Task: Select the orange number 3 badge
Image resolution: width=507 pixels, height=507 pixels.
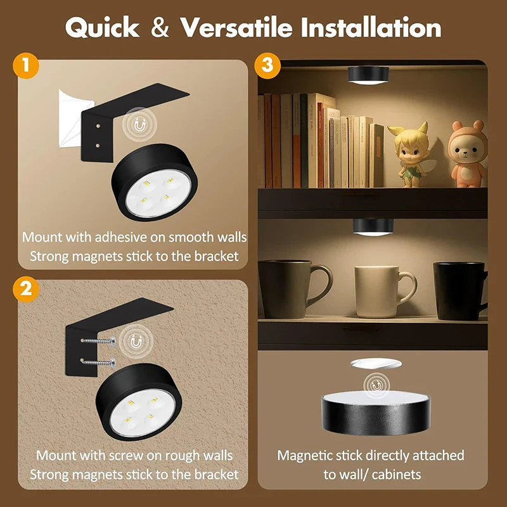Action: coord(267,65)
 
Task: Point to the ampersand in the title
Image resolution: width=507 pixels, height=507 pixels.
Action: coord(161,28)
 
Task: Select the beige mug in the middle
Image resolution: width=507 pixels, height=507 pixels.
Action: coord(378,290)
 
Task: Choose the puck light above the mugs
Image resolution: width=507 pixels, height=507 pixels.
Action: coord(372,227)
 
